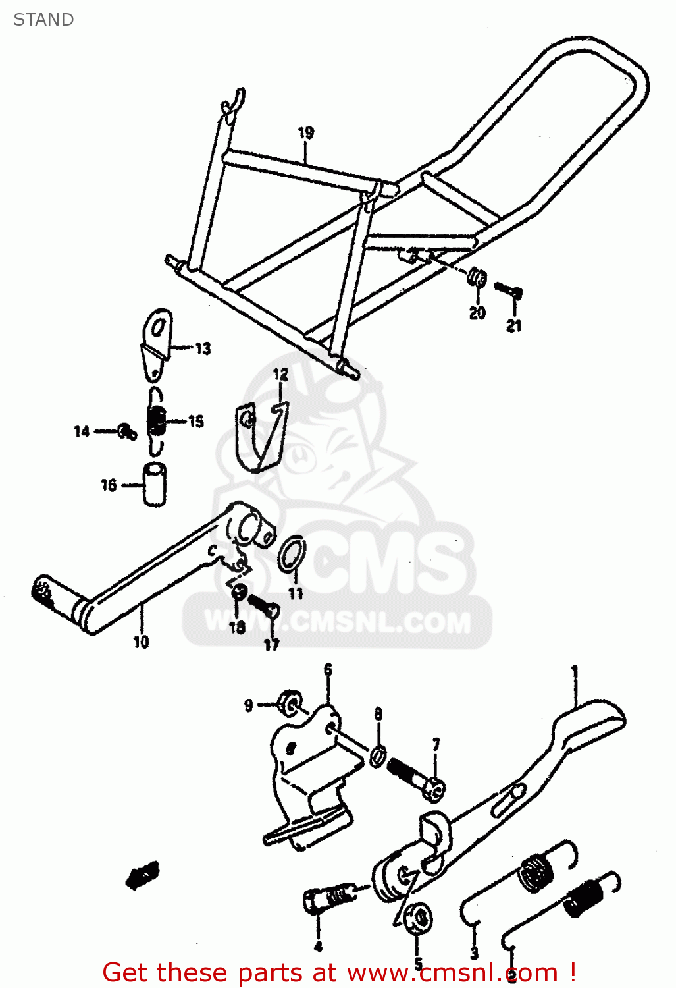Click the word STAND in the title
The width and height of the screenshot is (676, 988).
[43, 20]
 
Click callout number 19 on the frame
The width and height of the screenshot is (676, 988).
[306, 133]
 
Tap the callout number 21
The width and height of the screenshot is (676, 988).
[514, 325]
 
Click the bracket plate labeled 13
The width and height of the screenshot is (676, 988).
[156, 343]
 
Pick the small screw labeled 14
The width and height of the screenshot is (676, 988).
[126, 431]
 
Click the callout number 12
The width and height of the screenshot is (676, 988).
[281, 374]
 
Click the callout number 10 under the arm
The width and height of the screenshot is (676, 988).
[142, 642]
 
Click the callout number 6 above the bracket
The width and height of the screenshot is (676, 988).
[328, 670]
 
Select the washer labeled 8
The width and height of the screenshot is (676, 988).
[378, 756]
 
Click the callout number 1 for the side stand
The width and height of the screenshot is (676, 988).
[575, 672]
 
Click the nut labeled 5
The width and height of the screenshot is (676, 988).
[418, 917]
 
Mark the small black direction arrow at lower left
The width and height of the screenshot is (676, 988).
[143, 875]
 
